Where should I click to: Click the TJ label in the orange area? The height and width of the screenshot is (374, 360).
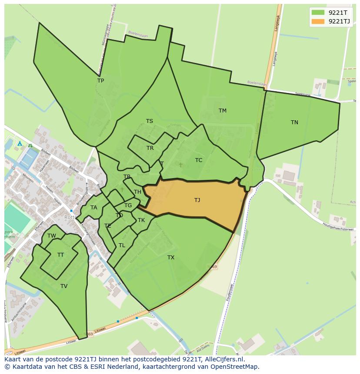(197, 200)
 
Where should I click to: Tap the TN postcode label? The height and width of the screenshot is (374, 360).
(294, 122)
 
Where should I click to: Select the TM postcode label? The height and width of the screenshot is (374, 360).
(222, 111)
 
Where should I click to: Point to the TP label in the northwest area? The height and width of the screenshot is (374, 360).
(100, 81)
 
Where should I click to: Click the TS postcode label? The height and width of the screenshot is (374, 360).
(149, 121)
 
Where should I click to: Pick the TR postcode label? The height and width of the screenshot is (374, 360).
(150, 148)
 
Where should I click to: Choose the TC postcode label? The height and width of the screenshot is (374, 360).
(199, 160)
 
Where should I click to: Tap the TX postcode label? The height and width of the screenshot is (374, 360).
(171, 258)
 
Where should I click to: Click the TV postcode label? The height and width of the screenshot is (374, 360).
(64, 286)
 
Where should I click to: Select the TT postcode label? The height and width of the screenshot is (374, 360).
(60, 255)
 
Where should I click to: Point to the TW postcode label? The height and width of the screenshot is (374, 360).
(52, 236)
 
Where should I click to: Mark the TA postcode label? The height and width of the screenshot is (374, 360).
(93, 208)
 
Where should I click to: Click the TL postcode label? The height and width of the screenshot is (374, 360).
(122, 245)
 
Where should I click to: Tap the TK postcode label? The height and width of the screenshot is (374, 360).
(141, 220)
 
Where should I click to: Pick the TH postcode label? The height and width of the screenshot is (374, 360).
(137, 192)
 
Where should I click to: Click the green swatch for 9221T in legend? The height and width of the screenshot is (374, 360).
(318, 13)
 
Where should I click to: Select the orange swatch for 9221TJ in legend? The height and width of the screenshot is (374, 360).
(318, 21)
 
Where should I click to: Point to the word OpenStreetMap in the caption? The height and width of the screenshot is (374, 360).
(237, 367)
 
